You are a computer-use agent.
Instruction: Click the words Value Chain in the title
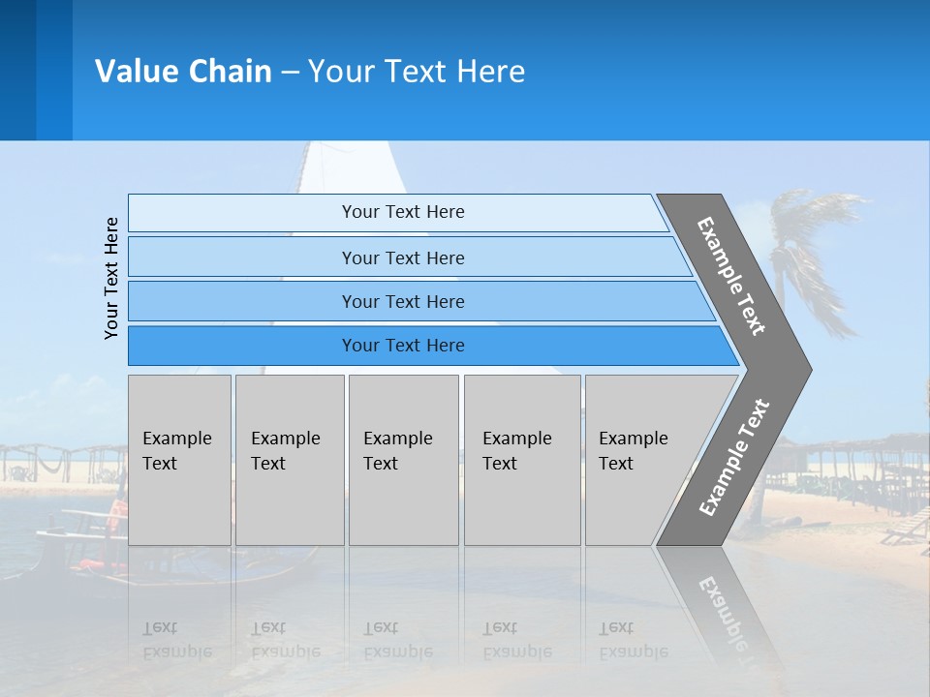(183, 72)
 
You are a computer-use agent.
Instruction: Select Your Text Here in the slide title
(417, 72)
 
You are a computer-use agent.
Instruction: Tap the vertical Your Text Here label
(111, 278)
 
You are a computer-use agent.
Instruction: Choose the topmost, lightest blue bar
(402, 213)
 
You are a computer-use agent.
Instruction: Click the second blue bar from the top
(402, 258)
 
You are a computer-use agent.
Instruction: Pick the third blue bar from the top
(402, 302)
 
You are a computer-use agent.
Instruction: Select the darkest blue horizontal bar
(402, 346)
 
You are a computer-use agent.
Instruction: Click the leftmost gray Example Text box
(179, 460)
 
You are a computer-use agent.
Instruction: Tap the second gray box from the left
(289, 460)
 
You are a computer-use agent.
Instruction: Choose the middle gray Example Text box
(403, 460)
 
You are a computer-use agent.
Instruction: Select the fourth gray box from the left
(522, 460)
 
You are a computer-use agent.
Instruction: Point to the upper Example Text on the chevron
(731, 276)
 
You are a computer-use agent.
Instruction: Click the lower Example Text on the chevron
(734, 457)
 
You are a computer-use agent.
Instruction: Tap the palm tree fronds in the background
(814, 232)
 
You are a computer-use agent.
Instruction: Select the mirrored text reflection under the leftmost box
(178, 641)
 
